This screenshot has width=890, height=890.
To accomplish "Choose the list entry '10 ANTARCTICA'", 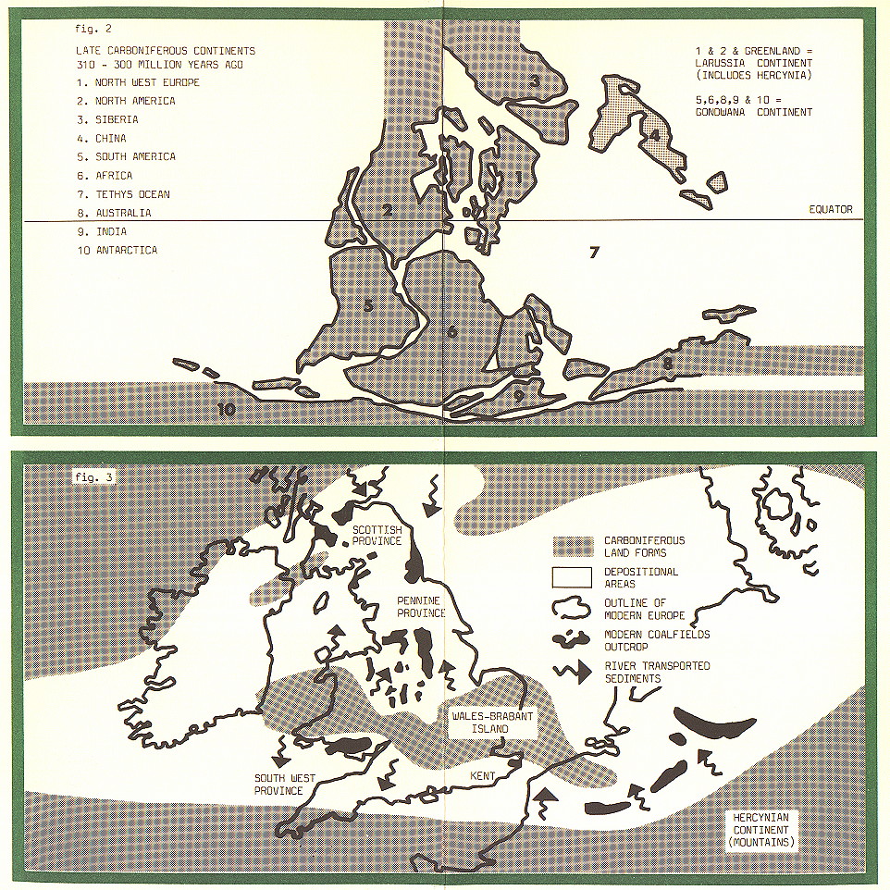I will (117, 251).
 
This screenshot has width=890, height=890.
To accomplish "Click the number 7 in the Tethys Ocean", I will (595, 252).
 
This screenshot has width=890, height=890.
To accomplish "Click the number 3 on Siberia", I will (535, 81).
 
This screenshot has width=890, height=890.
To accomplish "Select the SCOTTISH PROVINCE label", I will (377, 535).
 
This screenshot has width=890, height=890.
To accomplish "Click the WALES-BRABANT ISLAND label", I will (479, 723).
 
